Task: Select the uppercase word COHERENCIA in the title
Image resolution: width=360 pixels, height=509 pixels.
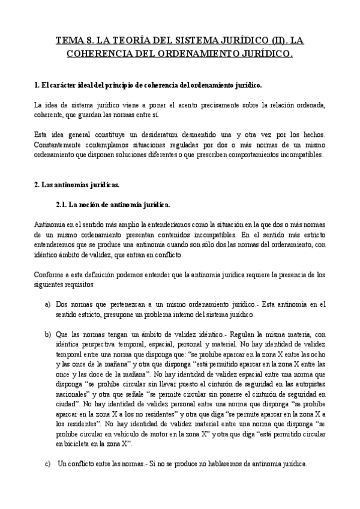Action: click(101, 54)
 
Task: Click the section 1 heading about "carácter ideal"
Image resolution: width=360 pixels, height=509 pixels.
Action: click(148, 85)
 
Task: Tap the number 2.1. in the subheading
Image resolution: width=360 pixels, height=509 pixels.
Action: click(61, 204)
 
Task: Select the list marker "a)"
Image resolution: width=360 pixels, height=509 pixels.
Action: click(48, 304)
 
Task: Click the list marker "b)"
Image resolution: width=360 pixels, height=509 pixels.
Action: click(48, 334)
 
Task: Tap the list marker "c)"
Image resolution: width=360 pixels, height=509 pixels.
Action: click(48, 463)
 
